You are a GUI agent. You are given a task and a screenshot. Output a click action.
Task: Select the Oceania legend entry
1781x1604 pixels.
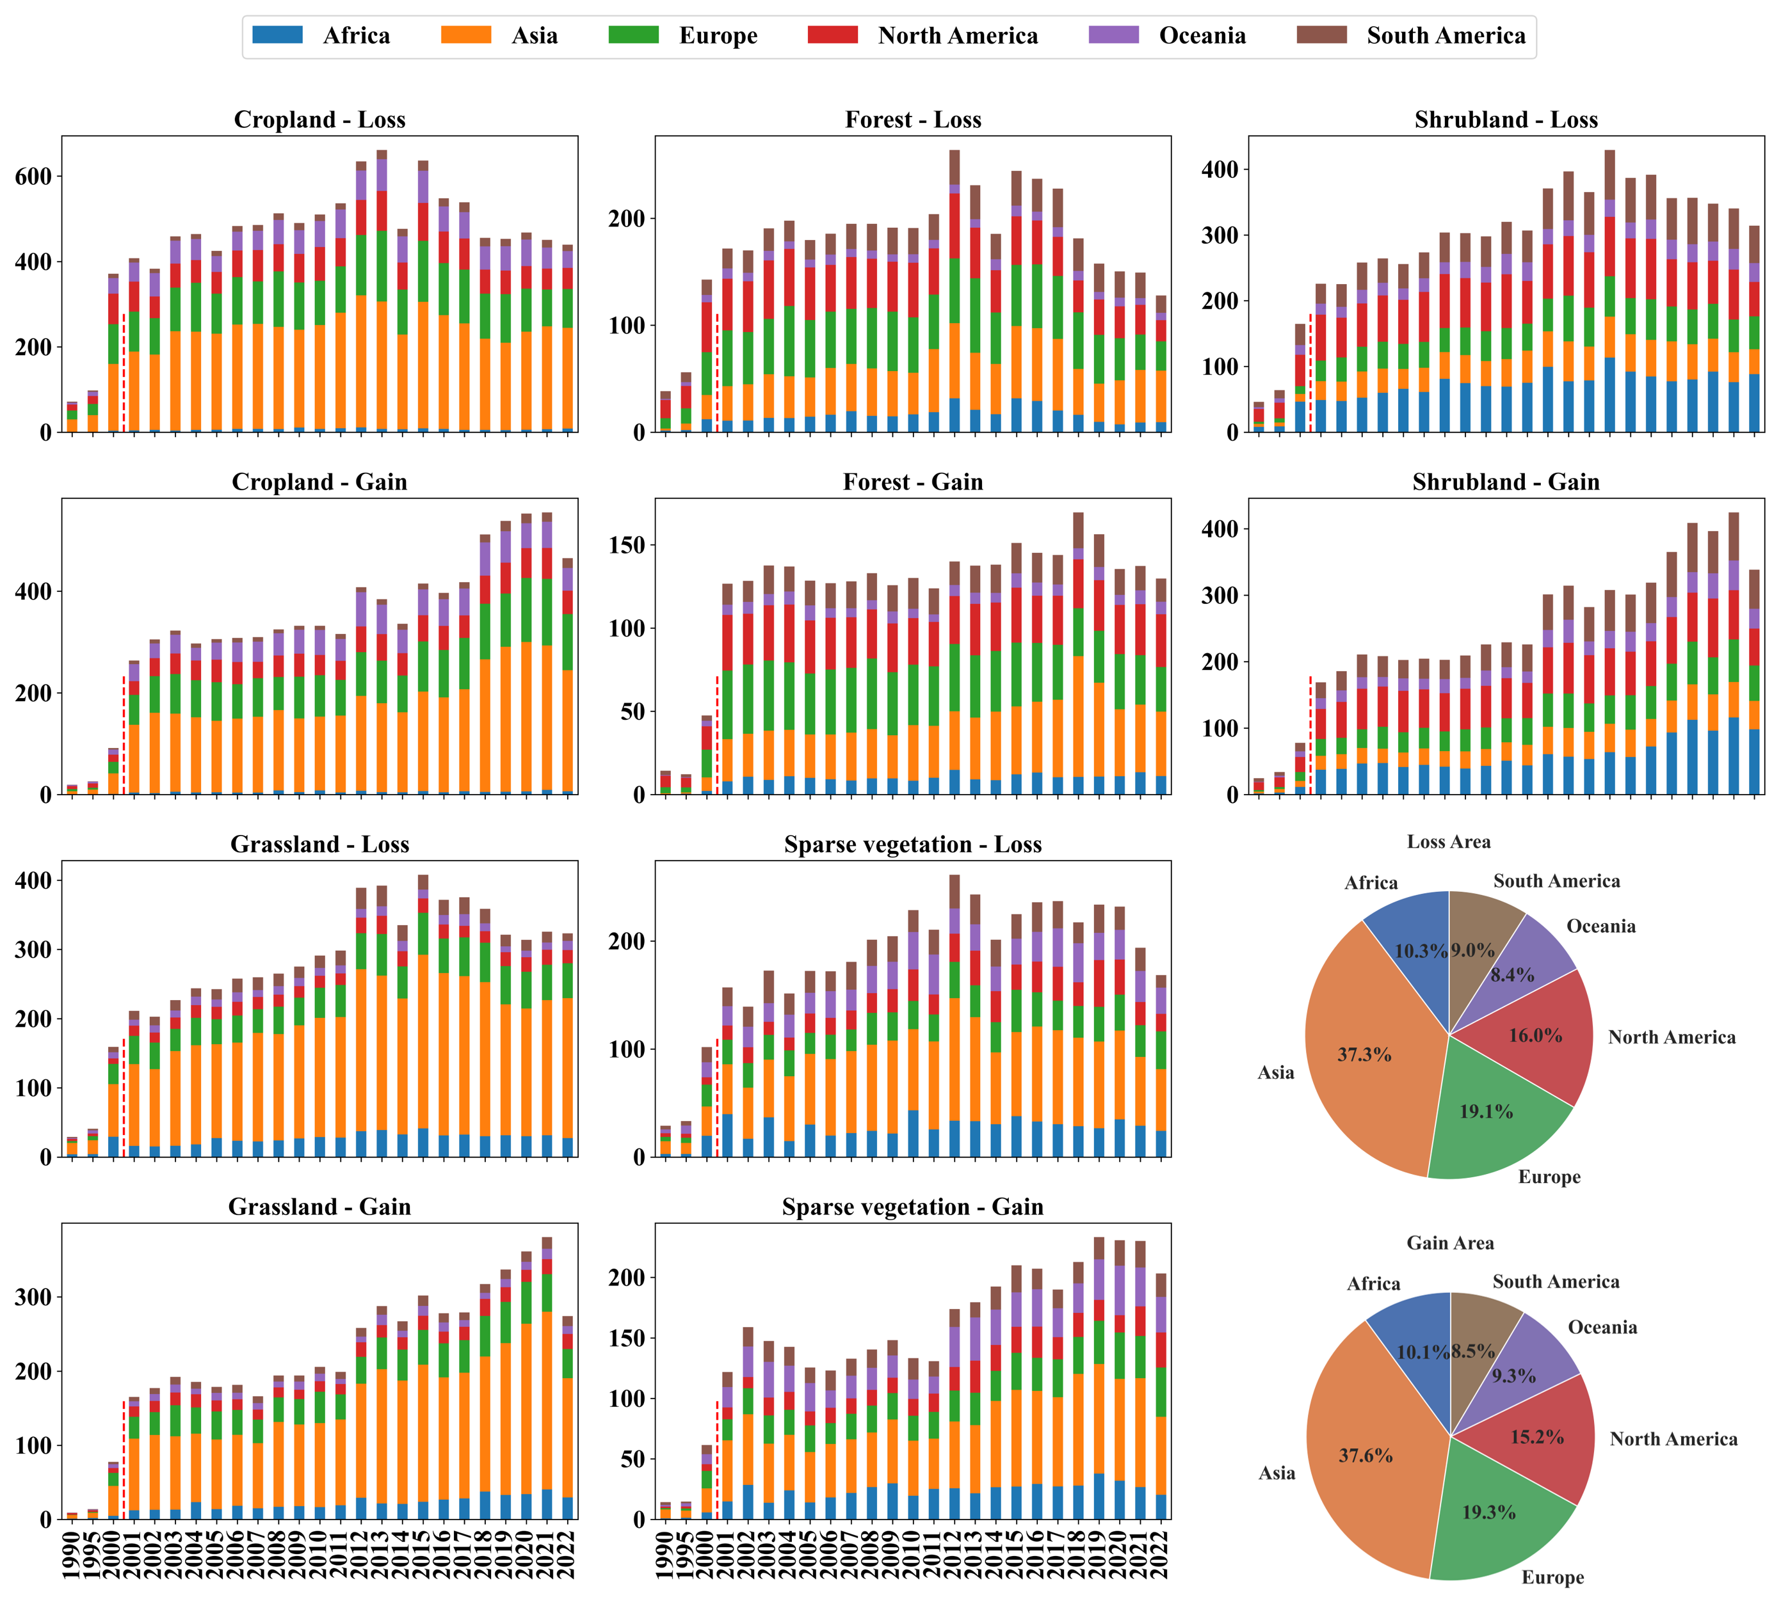(1167, 35)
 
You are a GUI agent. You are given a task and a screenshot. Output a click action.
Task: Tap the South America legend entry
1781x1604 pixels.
(1412, 35)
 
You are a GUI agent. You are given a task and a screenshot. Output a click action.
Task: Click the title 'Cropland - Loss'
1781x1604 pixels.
(319, 119)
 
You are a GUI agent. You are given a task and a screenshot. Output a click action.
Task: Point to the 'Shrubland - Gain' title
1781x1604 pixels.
(1506, 481)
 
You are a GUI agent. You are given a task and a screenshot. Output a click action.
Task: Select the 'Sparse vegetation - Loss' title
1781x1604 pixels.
(912, 845)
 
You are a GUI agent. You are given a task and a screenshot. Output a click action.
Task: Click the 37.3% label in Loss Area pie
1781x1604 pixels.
(1364, 1054)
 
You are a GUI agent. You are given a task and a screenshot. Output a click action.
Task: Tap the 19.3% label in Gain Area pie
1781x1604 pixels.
(1489, 1513)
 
